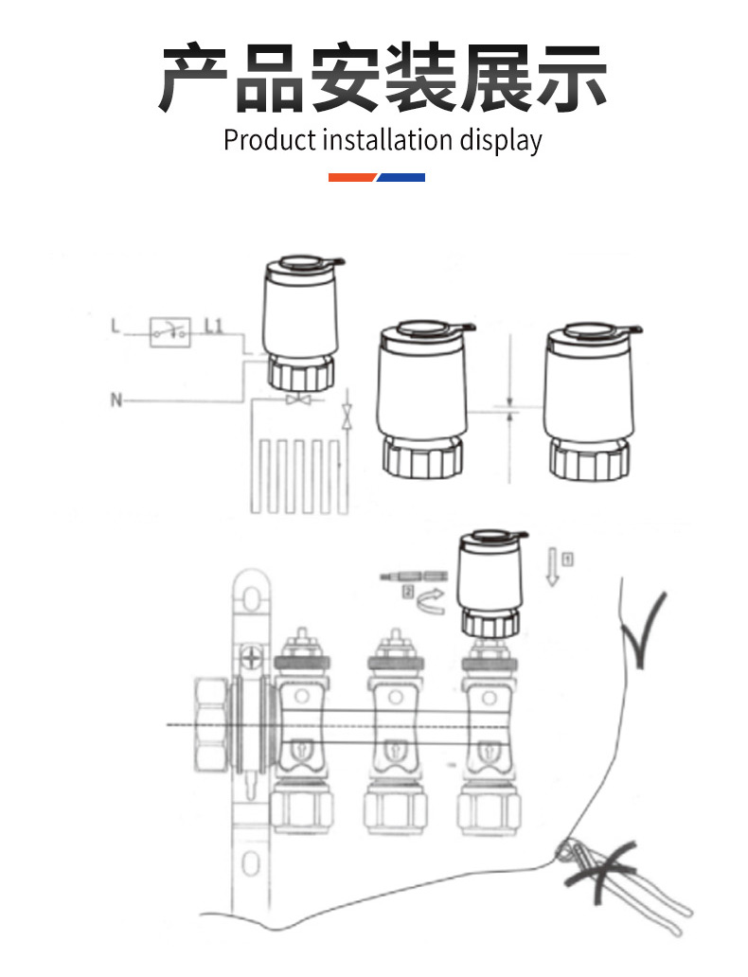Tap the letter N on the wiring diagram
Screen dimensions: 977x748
click(116, 400)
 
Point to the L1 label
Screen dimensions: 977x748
click(213, 328)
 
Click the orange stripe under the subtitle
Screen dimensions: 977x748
click(352, 177)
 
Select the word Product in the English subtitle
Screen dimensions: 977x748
click(269, 140)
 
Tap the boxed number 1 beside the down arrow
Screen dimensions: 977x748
click(566, 558)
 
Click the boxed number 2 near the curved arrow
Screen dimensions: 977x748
click(409, 593)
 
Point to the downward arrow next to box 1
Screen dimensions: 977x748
click(552, 568)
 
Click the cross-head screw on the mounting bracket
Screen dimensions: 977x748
click(252, 657)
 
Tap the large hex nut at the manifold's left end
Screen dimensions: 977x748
click(209, 724)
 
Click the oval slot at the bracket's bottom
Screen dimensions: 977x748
click(250, 862)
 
